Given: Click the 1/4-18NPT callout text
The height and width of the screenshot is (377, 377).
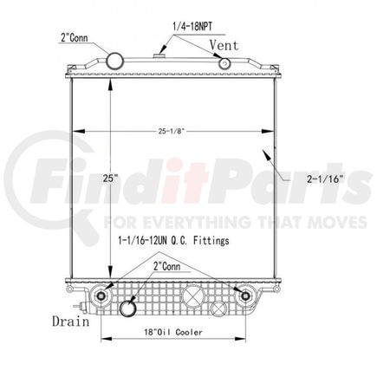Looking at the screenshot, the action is point(192,27).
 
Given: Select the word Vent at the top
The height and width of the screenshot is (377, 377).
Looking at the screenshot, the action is point(224,45).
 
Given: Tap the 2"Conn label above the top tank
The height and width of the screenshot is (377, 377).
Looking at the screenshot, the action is point(74,37).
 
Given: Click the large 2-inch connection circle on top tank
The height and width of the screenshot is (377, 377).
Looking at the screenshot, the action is point(115,61).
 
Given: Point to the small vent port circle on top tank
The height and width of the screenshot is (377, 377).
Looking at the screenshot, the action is point(224,64).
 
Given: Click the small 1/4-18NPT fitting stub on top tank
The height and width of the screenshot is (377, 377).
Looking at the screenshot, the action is point(159,55).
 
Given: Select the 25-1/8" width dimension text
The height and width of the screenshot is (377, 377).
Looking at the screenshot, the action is point(172,132).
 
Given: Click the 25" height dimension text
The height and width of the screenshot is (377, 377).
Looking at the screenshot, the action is point(111,179).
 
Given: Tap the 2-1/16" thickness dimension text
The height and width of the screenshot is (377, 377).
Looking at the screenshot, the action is point(325,179).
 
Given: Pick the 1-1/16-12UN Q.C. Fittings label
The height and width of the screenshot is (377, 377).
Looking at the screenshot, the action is point(173,240).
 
